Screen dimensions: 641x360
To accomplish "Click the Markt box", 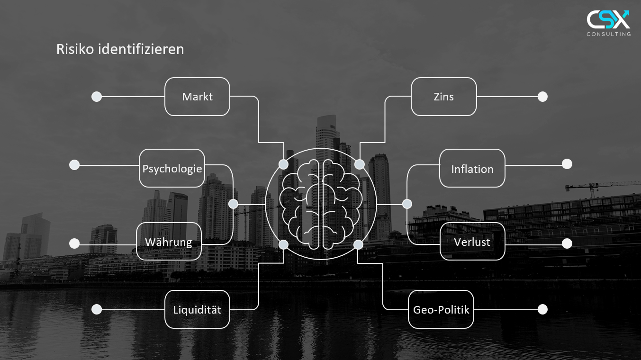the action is click(197, 97).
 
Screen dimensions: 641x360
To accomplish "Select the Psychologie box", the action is click(172, 168).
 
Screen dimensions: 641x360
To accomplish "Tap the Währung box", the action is click(169, 242).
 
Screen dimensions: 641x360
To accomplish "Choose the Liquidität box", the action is click(197, 309).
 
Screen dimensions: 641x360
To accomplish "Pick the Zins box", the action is click(444, 97).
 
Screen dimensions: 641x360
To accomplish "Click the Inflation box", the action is click(472, 168).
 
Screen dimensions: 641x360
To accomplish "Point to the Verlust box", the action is click(472, 242).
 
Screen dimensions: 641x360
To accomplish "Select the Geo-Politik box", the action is click(441, 309).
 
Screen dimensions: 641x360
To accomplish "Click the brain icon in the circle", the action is click(321, 204).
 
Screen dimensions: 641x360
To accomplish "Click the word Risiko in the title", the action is click(75, 49).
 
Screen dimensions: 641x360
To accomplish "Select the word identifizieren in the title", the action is click(141, 49).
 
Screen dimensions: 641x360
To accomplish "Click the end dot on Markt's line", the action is click(97, 97).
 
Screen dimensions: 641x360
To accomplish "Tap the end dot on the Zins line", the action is click(542, 97).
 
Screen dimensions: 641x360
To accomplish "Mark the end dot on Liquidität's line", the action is click(97, 309).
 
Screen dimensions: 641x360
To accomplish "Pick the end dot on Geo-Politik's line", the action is click(542, 309).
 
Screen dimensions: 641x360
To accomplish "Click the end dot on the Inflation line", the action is click(567, 164).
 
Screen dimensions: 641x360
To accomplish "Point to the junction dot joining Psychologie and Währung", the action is click(233, 204).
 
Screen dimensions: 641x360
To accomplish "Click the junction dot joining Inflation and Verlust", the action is click(407, 204).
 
